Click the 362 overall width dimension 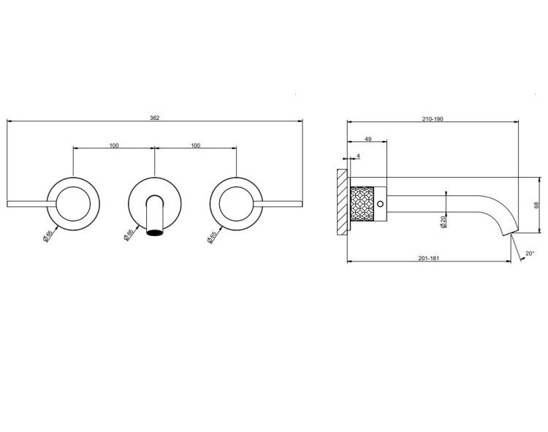(x=154, y=118)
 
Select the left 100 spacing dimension (x=114, y=145)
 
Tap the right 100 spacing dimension (x=196, y=145)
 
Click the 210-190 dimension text (x=433, y=119)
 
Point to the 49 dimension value (x=368, y=139)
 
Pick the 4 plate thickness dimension (x=358, y=156)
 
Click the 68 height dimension (x=536, y=205)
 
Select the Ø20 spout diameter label (x=444, y=221)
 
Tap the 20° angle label (x=530, y=253)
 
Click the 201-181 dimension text (x=429, y=258)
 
